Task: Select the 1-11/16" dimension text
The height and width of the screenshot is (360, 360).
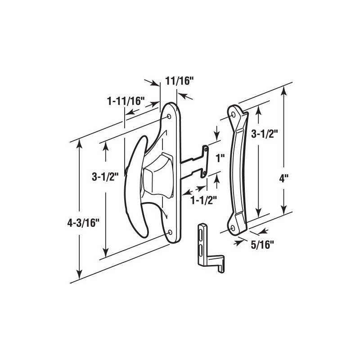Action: click(x=126, y=101)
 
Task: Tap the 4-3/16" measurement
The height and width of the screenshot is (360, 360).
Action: click(x=58, y=221)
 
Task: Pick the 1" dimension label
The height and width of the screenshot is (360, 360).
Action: click(x=220, y=158)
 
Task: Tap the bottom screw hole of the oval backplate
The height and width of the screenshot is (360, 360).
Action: click(x=171, y=232)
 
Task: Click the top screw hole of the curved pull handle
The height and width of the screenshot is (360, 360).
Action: click(x=234, y=115)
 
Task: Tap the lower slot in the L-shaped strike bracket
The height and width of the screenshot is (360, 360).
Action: click(x=200, y=249)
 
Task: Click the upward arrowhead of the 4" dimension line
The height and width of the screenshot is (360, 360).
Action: click(x=283, y=90)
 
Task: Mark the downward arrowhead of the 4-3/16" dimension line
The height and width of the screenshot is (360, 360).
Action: click(x=80, y=275)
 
